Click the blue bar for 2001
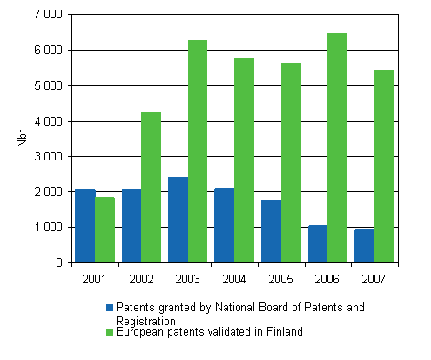coord(84,226)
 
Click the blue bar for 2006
coord(318,243)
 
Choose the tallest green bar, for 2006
coord(338,147)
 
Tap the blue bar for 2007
coord(364,246)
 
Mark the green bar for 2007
coord(384,166)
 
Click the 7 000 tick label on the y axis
coord(46,15)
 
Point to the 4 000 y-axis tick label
coord(46,121)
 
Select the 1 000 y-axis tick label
coord(46,228)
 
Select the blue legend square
coord(110,308)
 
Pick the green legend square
coord(110,332)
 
